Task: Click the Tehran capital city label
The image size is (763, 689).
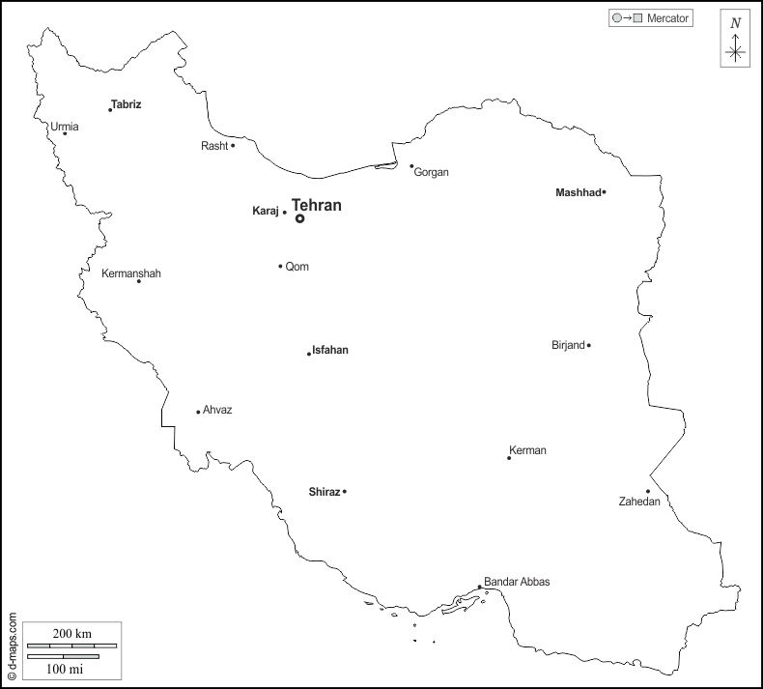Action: tap(317, 206)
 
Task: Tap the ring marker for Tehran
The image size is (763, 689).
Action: tap(300, 218)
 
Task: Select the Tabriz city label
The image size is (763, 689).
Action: tap(127, 103)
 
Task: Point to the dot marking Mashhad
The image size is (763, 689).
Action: tap(604, 192)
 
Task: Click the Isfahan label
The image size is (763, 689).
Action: tap(330, 350)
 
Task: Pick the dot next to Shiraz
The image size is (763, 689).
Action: tap(345, 492)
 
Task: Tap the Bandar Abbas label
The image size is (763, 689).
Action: tap(517, 582)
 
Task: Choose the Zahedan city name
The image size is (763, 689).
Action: tap(639, 502)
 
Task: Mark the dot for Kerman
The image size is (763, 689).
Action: tap(509, 458)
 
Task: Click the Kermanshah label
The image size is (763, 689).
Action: tap(131, 273)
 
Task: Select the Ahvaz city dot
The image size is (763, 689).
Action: tap(198, 412)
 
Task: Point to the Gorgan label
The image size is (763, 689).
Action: tap(432, 172)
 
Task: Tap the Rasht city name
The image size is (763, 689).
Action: tap(214, 146)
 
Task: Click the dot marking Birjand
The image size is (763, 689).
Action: tap(588, 345)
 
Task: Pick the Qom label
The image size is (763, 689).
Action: tap(297, 267)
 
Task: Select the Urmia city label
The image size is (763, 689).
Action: tap(65, 127)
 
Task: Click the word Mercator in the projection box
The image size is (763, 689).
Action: tap(667, 17)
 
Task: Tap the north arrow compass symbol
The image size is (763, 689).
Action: tap(736, 47)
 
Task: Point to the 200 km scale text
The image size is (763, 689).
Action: tap(72, 633)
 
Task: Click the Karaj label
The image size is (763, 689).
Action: tap(265, 211)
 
